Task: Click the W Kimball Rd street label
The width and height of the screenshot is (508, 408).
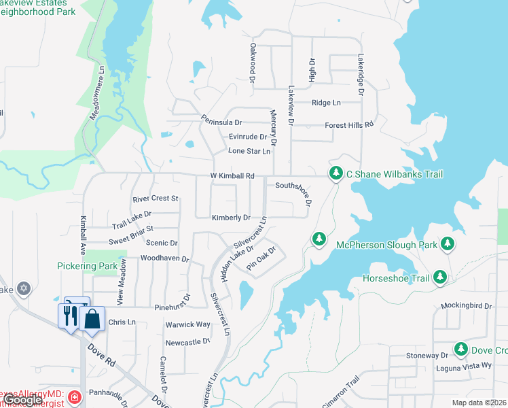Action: click(232, 176)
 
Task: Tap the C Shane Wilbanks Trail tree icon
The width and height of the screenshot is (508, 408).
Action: click(335, 174)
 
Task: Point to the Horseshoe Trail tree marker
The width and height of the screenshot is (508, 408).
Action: click(440, 277)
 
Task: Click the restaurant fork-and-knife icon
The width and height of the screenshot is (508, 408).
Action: click(68, 315)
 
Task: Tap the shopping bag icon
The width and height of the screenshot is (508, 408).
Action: click(92, 318)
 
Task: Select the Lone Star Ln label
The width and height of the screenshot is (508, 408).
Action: click(249, 151)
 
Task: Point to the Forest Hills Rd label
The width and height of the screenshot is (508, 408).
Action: click(349, 125)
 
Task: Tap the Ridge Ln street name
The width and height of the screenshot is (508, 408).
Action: click(326, 103)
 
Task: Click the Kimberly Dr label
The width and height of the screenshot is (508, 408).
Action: click(231, 218)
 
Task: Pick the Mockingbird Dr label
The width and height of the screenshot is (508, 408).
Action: click(465, 307)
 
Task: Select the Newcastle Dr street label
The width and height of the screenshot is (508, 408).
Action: click(188, 342)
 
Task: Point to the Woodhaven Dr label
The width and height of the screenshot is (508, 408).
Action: click(164, 259)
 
